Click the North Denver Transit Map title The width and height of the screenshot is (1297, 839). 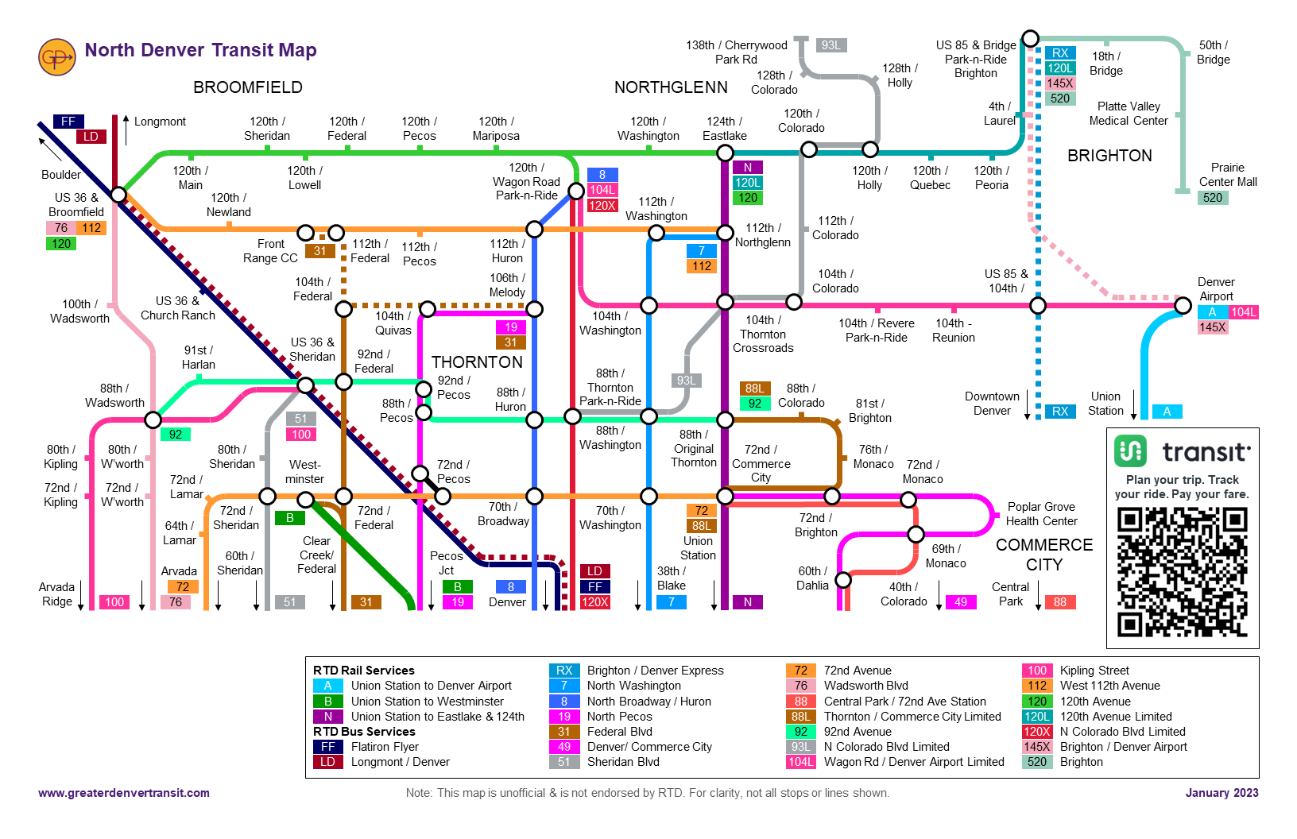click(x=200, y=50)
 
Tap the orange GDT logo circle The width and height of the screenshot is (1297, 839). click(x=57, y=58)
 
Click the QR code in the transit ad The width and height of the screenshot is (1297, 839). click(x=1182, y=572)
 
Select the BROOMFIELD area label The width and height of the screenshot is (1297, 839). click(x=248, y=87)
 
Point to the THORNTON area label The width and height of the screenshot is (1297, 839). click(x=477, y=362)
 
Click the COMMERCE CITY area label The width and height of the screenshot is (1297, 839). click(x=1044, y=555)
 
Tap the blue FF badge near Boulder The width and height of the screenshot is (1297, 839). click(x=68, y=122)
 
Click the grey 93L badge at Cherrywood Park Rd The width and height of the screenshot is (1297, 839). click(x=831, y=45)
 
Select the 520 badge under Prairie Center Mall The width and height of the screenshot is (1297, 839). click(x=1213, y=198)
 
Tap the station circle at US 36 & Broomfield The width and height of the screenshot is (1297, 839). click(x=118, y=195)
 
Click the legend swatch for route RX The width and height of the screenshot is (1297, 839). click(x=564, y=671)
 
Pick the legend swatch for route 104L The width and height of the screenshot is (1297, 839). click(x=800, y=762)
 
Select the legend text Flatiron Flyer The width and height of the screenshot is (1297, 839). click(x=385, y=747)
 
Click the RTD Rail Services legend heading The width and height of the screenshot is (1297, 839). click(x=364, y=671)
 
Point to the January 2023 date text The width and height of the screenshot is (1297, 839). click(x=1222, y=793)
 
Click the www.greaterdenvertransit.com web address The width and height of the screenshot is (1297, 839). click(x=124, y=793)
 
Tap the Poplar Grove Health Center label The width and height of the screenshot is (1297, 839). click(x=1041, y=514)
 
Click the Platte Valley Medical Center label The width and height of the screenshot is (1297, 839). click(x=1129, y=114)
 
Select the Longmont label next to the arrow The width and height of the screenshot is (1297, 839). click(x=160, y=122)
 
